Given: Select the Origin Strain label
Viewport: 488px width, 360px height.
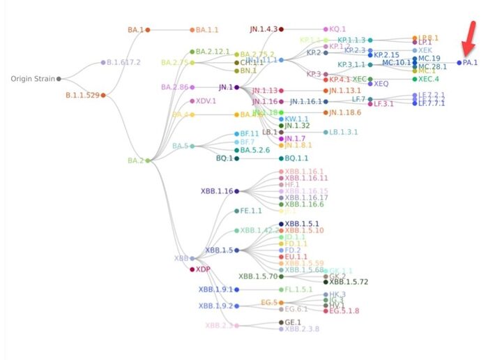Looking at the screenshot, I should tap(32, 79).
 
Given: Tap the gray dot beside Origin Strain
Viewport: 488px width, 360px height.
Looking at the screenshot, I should tap(59, 79).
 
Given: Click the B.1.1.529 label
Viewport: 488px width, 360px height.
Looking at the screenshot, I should tap(82, 95).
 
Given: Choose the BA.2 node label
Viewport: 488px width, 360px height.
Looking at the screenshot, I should tap(135, 160).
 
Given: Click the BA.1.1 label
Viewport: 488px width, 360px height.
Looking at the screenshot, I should tap(208, 30).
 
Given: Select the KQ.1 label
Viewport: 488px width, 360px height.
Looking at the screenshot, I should tap(338, 29).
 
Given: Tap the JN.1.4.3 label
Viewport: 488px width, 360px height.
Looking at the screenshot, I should tap(264, 29).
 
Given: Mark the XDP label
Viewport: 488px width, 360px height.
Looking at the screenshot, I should tap(203, 269).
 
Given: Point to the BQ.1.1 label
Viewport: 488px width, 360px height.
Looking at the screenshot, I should tap(297, 158).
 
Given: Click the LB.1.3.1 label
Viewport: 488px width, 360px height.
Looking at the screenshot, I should tap(343, 132).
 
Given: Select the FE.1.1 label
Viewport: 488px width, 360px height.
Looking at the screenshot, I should tap(252, 210).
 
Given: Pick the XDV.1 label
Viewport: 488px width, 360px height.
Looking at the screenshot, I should tap(206, 100).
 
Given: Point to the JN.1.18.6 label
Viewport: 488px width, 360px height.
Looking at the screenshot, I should tap(345, 112).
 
